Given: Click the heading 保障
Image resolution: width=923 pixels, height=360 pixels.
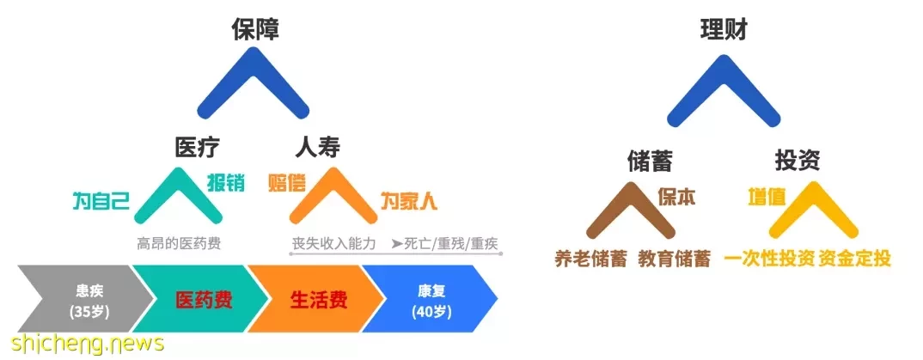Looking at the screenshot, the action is [x=255, y=28].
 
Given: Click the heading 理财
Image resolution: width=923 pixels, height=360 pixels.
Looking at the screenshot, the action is [x=724, y=28].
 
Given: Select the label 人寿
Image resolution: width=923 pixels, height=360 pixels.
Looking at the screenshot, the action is [x=318, y=148].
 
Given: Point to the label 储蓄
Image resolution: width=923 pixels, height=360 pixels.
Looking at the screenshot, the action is [x=650, y=162].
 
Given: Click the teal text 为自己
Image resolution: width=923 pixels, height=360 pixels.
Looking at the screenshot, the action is [x=101, y=202].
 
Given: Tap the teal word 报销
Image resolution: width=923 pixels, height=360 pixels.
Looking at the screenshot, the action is [x=226, y=183].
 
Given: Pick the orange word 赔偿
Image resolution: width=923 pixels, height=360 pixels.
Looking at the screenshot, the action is [x=287, y=183].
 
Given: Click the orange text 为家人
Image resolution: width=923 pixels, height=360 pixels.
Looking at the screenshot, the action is [x=408, y=202].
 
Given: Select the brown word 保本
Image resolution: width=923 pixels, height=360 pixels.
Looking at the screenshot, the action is [x=677, y=197].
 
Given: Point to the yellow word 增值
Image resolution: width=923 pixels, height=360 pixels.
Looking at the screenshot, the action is [x=767, y=197].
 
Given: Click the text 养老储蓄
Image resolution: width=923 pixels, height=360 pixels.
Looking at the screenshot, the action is [x=591, y=259].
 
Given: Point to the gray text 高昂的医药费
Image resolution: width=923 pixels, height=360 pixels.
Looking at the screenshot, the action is [x=179, y=243].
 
